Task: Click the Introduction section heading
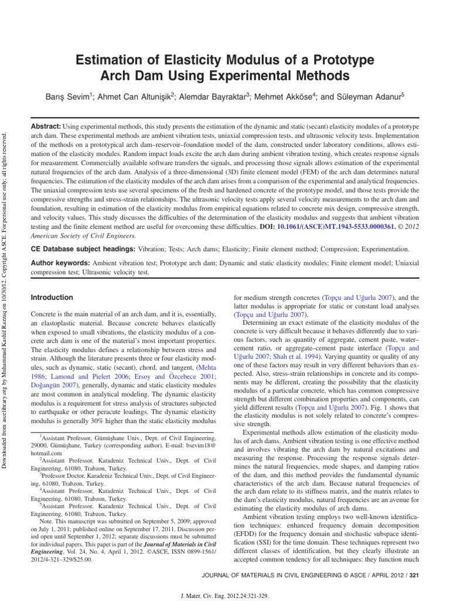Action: (52, 298)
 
